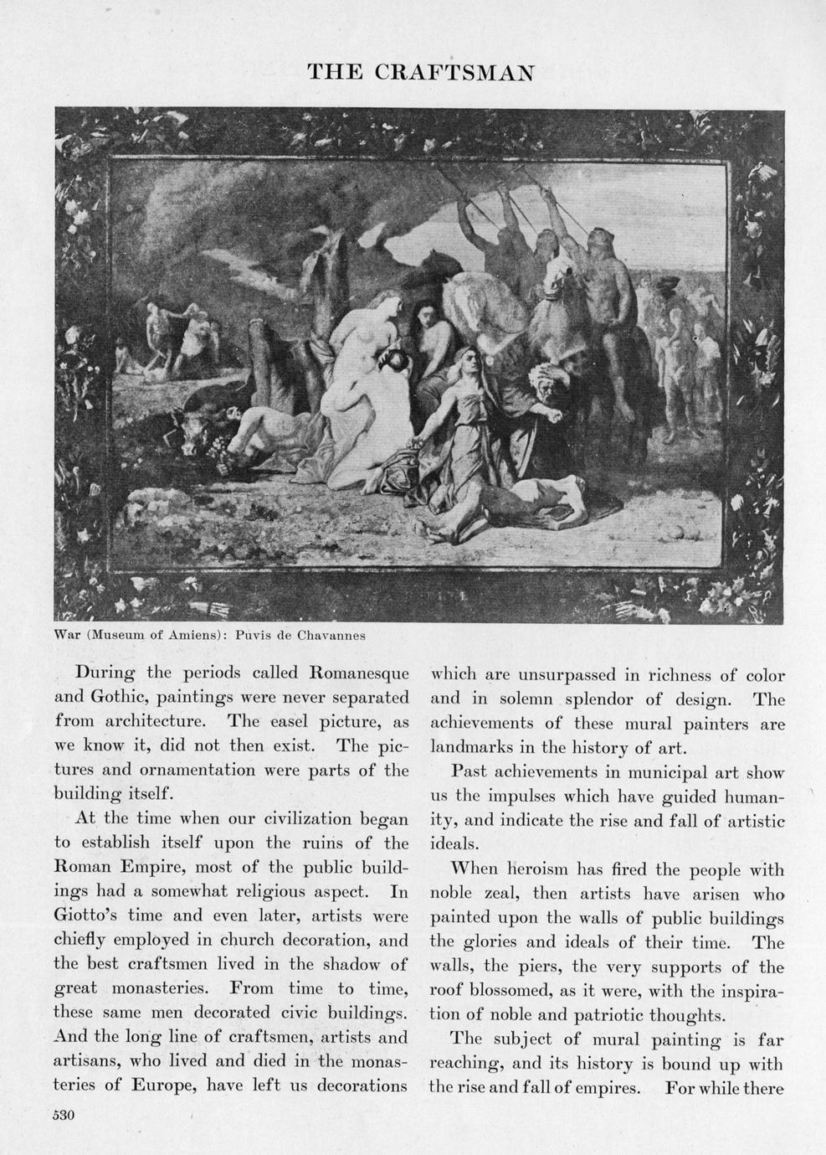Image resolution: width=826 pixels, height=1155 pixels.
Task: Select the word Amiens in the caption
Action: click(192, 635)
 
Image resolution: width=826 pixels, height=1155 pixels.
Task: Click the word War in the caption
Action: click(67, 635)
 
